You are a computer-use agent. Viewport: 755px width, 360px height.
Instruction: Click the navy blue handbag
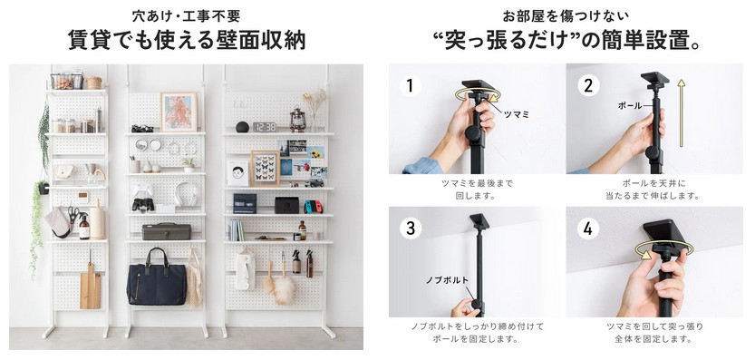click(x=156, y=279)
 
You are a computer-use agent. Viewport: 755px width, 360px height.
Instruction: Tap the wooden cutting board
click(x=90, y=287)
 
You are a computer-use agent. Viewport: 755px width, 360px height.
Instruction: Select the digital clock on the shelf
click(x=265, y=127)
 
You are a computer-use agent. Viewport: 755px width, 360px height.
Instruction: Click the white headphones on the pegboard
click(x=187, y=194)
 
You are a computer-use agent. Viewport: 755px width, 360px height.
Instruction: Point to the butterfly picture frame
click(x=266, y=168)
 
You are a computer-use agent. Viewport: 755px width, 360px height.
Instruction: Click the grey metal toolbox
click(x=166, y=231)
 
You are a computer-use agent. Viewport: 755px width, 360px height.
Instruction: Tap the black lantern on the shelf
click(x=297, y=120)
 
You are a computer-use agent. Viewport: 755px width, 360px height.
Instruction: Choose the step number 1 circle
click(x=410, y=86)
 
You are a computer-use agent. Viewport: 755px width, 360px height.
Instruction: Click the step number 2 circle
click(x=588, y=86)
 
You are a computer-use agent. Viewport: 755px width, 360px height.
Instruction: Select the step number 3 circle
click(x=410, y=229)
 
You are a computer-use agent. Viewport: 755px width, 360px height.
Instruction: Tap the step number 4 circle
click(x=588, y=229)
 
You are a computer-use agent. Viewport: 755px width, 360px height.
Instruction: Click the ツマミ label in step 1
click(x=517, y=114)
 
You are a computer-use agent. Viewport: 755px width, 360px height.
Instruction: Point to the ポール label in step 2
click(x=629, y=105)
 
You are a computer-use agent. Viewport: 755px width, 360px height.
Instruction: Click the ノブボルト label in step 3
click(x=446, y=280)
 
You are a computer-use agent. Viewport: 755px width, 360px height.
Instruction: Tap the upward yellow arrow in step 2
click(x=681, y=112)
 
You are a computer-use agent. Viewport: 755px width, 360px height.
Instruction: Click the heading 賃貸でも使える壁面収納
click(x=187, y=40)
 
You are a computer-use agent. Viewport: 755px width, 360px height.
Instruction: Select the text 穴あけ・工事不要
click(x=187, y=16)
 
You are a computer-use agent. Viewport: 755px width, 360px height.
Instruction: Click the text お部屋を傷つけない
click(x=566, y=16)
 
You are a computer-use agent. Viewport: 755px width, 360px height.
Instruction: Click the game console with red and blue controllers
click(x=314, y=207)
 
